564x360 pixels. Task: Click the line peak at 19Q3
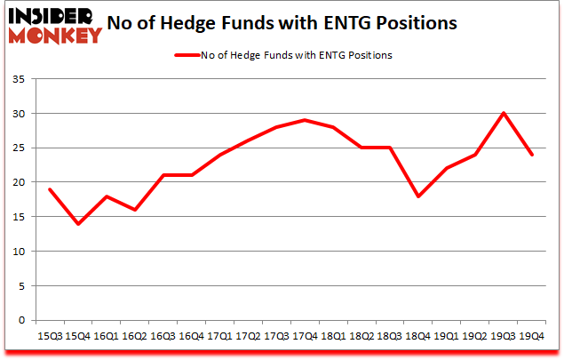click(x=504, y=113)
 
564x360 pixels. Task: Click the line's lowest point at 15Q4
click(x=78, y=223)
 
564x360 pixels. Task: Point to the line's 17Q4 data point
click(x=305, y=120)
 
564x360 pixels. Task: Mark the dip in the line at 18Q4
click(x=418, y=196)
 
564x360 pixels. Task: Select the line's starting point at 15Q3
click(x=50, y=189)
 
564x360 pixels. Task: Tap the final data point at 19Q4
click(x=531, y=155)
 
